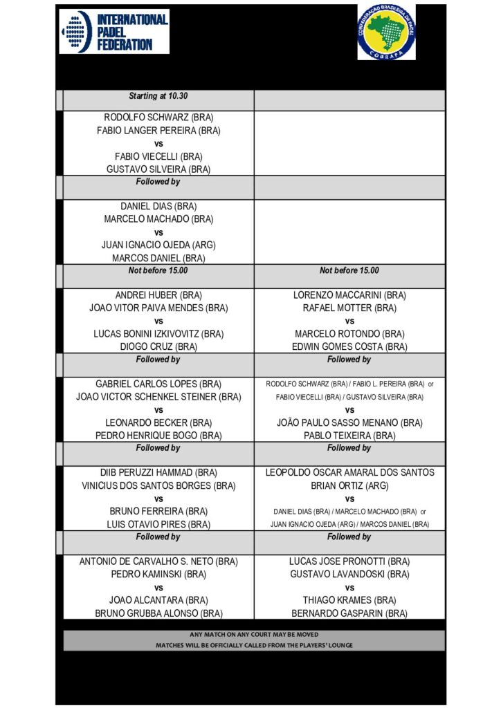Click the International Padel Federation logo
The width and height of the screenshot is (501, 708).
pyautogui.click(x=114, y=31)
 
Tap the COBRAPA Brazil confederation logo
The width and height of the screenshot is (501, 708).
pyautogui.click(x=386, y=31)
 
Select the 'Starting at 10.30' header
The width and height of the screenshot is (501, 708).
pyautogui.click(x=158, y=95)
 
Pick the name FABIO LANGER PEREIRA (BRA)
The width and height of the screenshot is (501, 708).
pyautogui.click(x=158, y=130)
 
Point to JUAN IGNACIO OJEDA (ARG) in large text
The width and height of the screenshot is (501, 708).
pyautogui.click(x=158, y=245)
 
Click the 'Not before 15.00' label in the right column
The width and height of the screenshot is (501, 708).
pyautogui.click(x=349, y=271)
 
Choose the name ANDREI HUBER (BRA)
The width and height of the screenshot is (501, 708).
pyautogui.click(x=158, y=295)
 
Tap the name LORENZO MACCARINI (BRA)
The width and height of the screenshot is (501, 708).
pyautogui.click(x=349, y=295)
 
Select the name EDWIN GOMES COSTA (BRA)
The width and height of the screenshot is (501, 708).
pyautogui.click(x=349, y=346)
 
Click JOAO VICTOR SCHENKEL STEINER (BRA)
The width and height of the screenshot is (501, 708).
pyautogui.click(x=158, y=397)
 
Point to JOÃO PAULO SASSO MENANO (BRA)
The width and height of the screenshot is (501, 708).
pyautogui.click(x=349, y=422)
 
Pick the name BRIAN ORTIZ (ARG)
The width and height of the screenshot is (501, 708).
pyautogui.click(x=349, y=485)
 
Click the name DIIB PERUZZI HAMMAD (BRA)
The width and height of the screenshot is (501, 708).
pyautogui.click(x=158, y=473)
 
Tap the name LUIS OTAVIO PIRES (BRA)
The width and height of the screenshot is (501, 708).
pyautogui.click(x=158, y=524)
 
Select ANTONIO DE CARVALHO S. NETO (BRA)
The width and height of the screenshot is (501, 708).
pyautogui.click(x=158, y=561)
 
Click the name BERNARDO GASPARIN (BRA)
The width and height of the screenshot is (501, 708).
pyautogui.click(x=349, y=613)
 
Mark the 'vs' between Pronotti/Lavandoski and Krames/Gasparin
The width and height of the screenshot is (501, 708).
pyautogui.click(x=349, y=587)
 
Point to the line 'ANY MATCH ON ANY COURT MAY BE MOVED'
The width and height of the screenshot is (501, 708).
pyautogui.click(x=254, y=635)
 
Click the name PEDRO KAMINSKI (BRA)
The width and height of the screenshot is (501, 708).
pyautogui.click(x=158, y=574)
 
